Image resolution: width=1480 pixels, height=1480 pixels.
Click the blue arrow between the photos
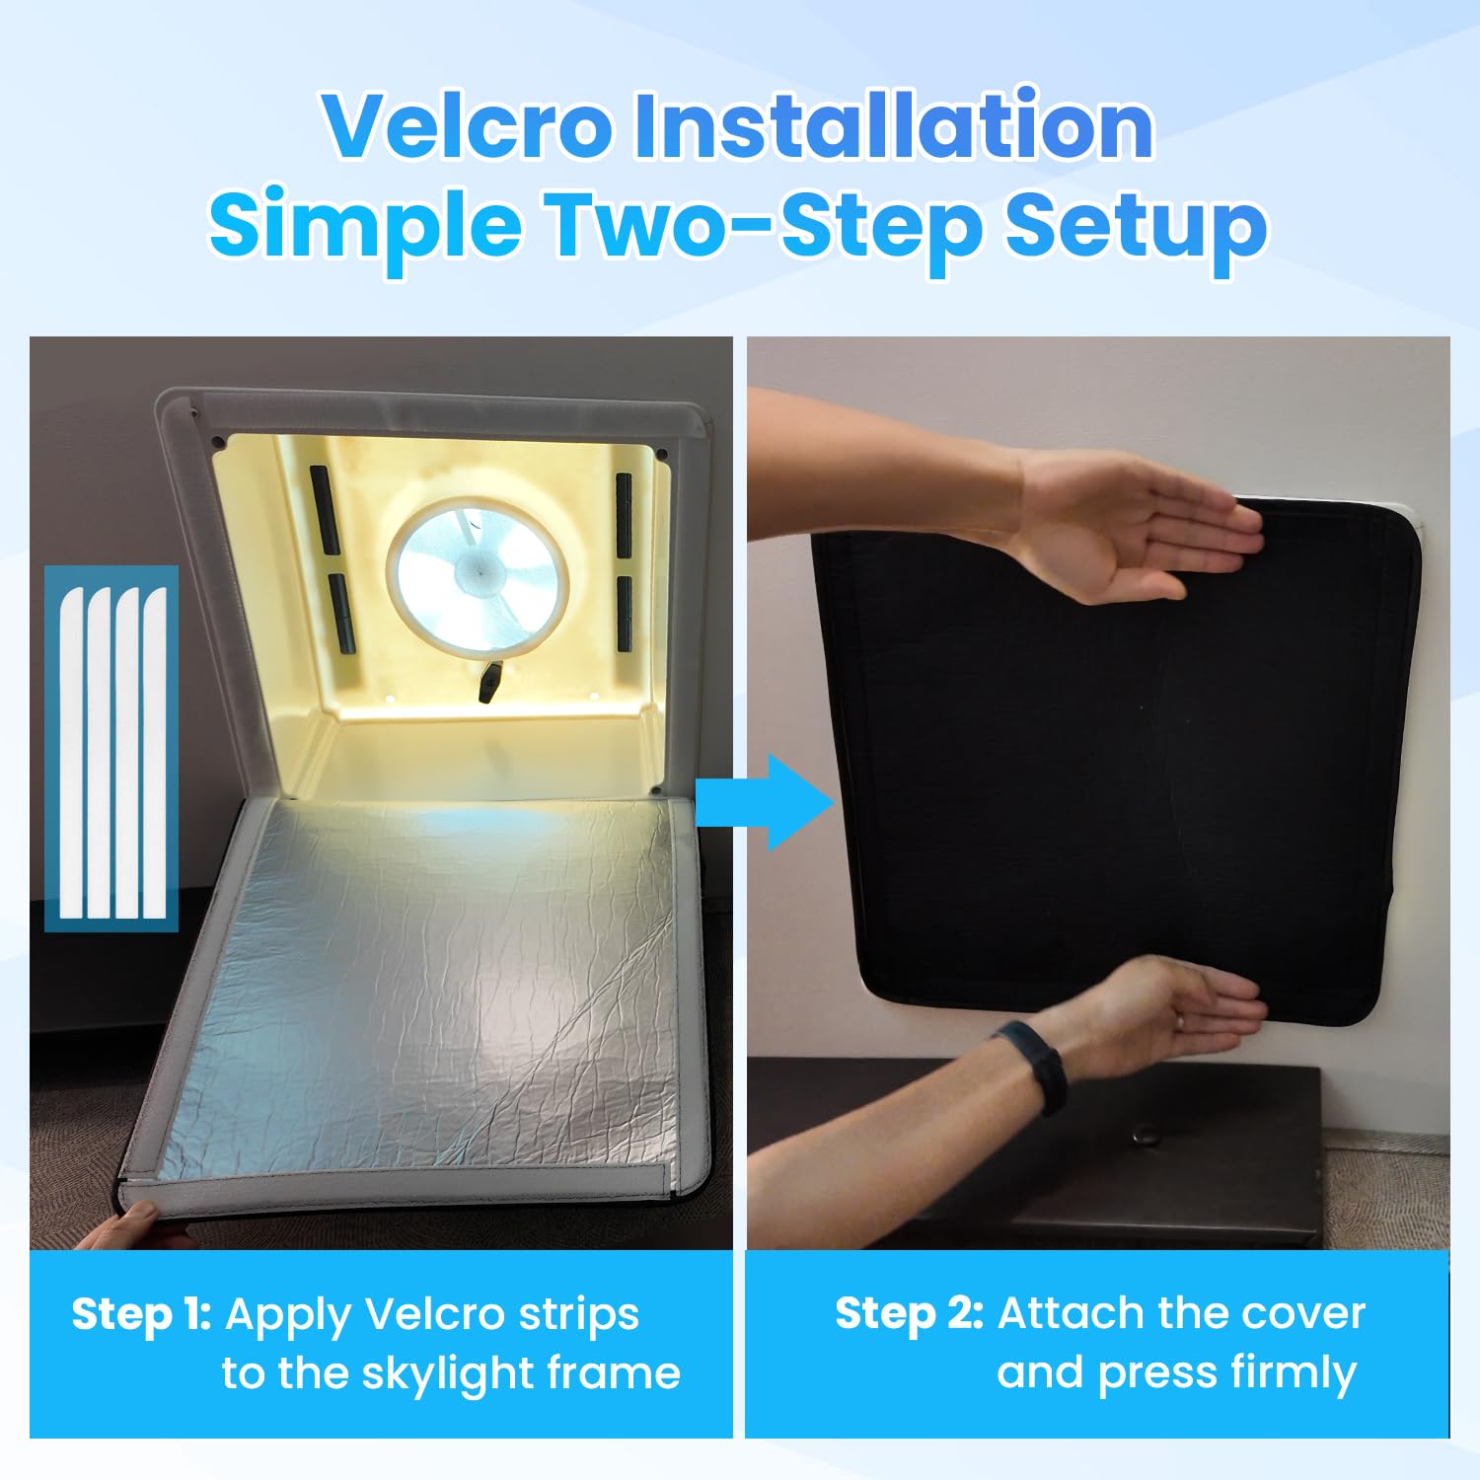click(765, 803)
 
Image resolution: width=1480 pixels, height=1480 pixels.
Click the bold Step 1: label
click(141, 1314)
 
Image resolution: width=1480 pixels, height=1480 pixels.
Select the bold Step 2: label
click(909, 1313)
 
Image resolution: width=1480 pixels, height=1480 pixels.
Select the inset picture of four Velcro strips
click(111, 749)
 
